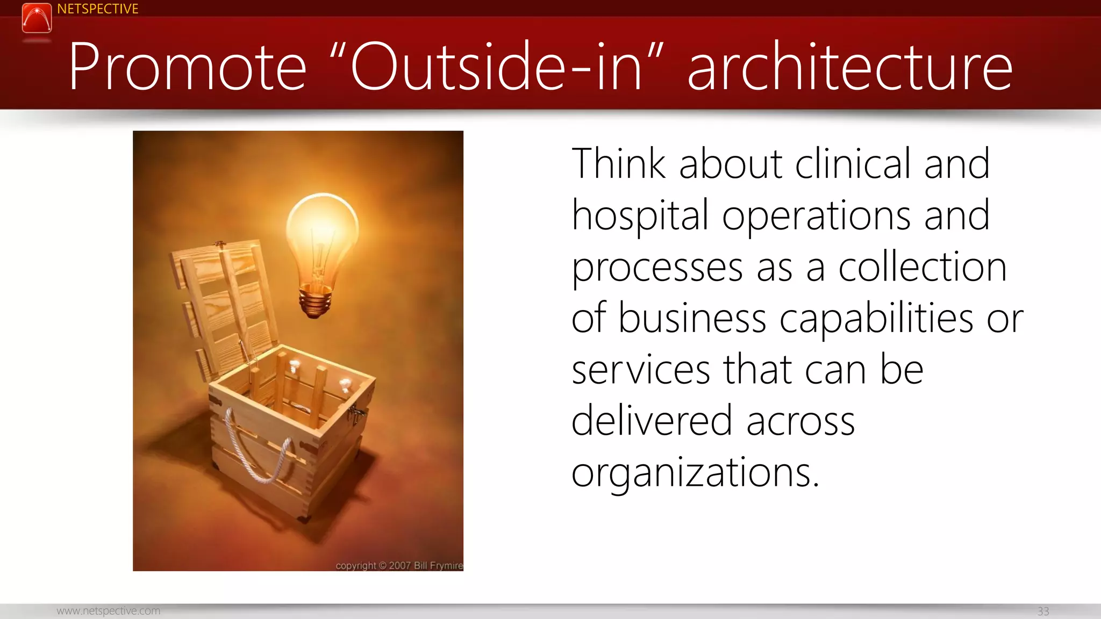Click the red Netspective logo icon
click(x=37, y=18)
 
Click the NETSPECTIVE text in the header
click(x=97, y=9)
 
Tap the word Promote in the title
click(x=187, y=67)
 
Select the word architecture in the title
click(x=849, y=67)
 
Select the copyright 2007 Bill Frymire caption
click(x=399, y=565)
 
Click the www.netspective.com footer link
click(x=108, y=611)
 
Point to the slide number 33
click(x=1043, y=611)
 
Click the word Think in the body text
click(x=618, y=164)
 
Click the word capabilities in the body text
click(x=876, y=319)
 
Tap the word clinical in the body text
click(x=853, y=164)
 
